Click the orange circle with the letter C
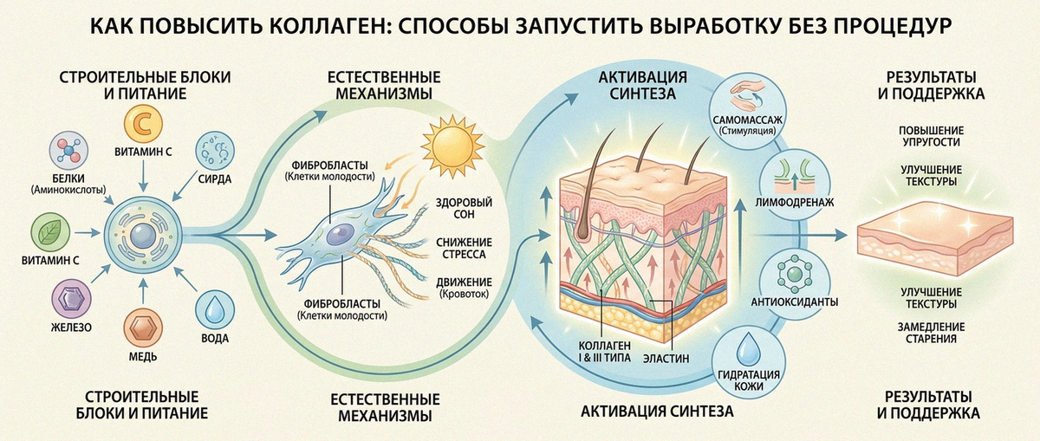click(143, 124)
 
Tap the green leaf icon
click(50, 232)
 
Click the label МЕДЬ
click(143, 356)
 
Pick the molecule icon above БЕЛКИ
click(68, 151)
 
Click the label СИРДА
click(215, 179)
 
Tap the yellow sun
click(452, 146)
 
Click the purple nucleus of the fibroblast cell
click(341, 234)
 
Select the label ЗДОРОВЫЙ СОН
click(464, 209)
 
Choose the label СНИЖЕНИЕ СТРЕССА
click(464, 249)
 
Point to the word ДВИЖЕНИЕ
click(464, 282)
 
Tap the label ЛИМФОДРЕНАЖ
click(795, 203)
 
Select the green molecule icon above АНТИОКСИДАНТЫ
click(795, 274)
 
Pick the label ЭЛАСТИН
click(666, 359)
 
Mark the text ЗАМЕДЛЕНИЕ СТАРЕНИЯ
click(931, 333)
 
